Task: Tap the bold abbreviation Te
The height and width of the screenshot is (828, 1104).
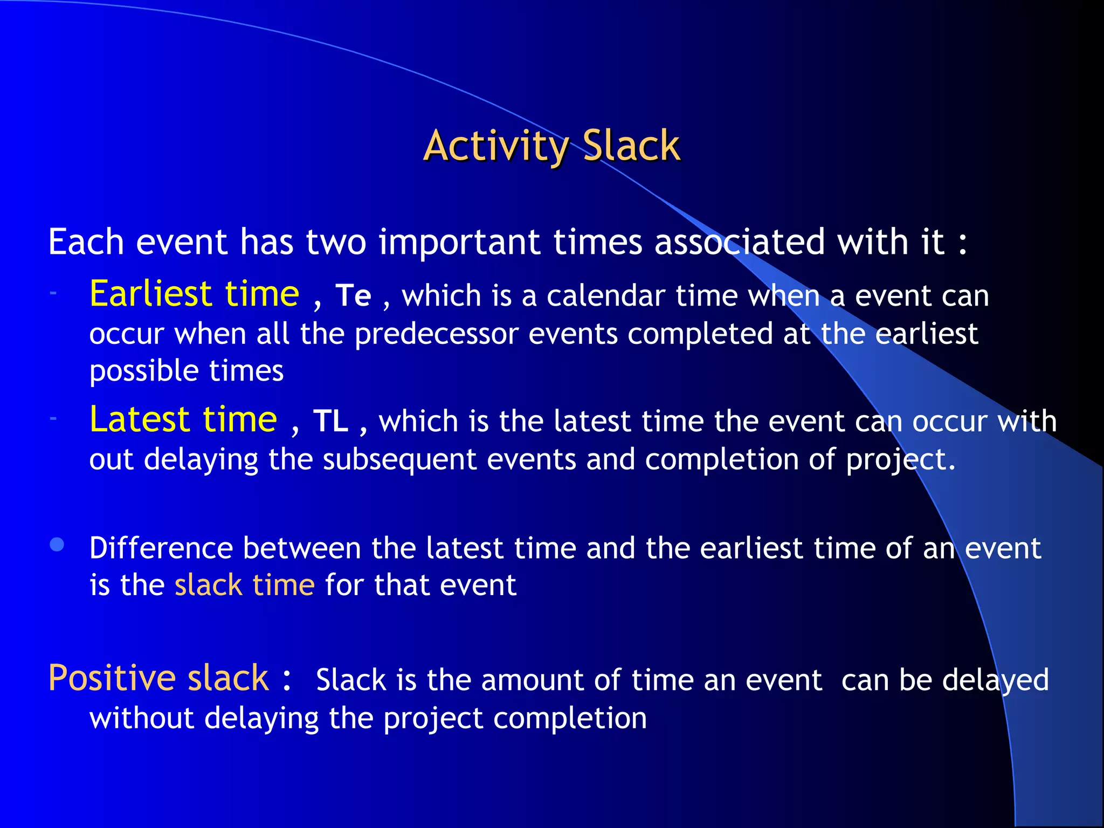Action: [x=353, y=296]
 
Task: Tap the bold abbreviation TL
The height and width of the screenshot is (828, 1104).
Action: [x=330, y=421]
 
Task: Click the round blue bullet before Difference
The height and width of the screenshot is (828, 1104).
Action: [x=57, y=544]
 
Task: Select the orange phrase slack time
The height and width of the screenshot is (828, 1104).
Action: [x=244, y=585]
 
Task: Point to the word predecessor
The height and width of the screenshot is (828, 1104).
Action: [x=436, y=334]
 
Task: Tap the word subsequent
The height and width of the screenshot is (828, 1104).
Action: [x=399, y=460]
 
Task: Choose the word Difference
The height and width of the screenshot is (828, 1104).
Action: [x=161, y=548]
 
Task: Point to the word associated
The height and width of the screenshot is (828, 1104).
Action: [x=739, y=242]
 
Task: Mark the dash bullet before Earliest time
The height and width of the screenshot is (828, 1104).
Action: [x=53, y=293]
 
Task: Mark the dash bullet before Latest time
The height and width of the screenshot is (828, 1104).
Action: [x=53, y=418]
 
